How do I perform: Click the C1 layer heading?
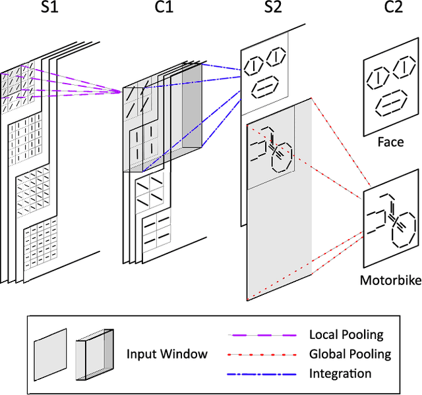click(149, 12)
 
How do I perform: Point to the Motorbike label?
click(390, 280)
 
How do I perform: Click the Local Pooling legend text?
click(345, 335)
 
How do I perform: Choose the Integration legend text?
click(340, 373)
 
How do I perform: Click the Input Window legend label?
click(167, 354)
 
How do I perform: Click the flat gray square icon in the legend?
click(50, 354)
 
